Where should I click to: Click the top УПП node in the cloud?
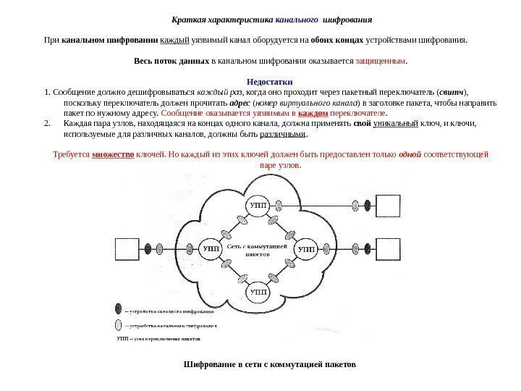(258, 206)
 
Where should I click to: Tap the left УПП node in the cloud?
(210, 248)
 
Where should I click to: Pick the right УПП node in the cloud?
(307, 248)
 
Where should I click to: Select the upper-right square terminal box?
(390, 204)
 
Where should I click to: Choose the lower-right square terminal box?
(390, 248)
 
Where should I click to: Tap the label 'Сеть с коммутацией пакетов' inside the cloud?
(258, 251)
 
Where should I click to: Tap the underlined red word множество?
(113, 155)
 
